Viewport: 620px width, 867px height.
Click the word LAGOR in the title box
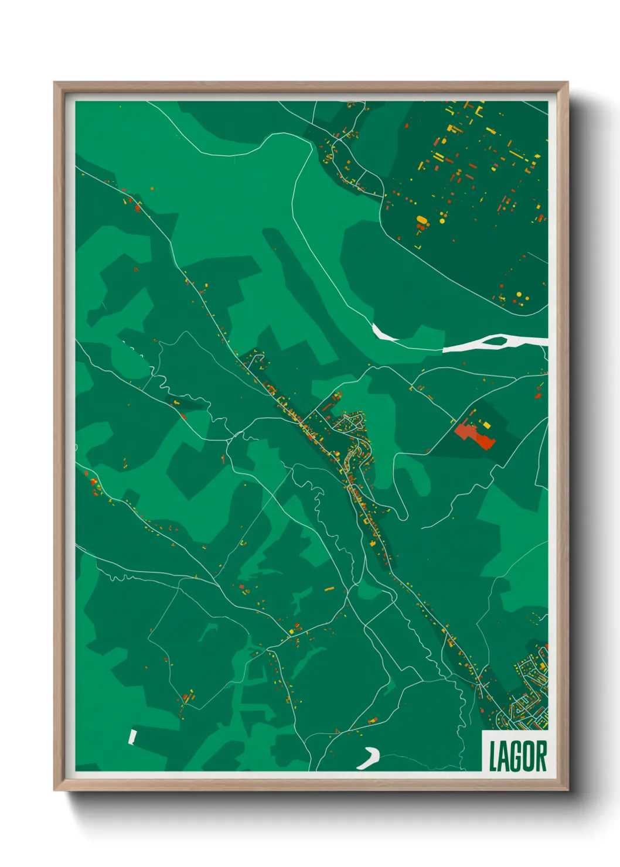517,756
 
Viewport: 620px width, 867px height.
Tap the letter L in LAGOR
493,756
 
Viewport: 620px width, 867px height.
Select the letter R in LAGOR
541,756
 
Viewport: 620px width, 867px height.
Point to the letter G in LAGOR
517,756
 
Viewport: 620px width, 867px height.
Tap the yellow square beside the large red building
486,424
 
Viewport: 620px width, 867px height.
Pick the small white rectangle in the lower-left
132,736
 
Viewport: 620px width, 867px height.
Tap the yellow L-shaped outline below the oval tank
418,247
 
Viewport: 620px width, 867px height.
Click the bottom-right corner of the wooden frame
567,790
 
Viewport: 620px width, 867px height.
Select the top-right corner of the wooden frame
567,83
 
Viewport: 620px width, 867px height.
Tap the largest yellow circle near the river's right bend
519,294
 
